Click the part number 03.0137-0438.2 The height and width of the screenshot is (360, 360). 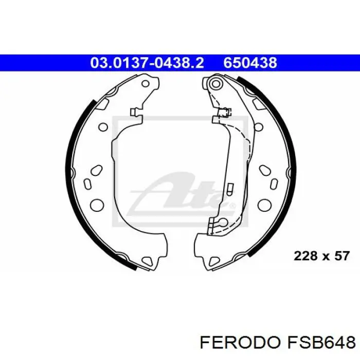(x=147, y=63)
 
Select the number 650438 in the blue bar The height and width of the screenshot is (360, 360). (x=250, y=63)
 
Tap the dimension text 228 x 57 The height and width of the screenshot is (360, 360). (x=321, y=256)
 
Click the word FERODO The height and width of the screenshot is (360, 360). (x=240, y=343)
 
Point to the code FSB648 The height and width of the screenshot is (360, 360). (x=320, y=343)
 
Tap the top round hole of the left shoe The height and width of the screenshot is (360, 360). (x=146, y=83)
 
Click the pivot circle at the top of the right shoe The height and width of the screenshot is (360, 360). (x=216, y=83)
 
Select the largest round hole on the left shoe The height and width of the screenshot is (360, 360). (x=97, y=205)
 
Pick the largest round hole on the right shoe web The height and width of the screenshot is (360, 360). (x=264, y=205)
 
